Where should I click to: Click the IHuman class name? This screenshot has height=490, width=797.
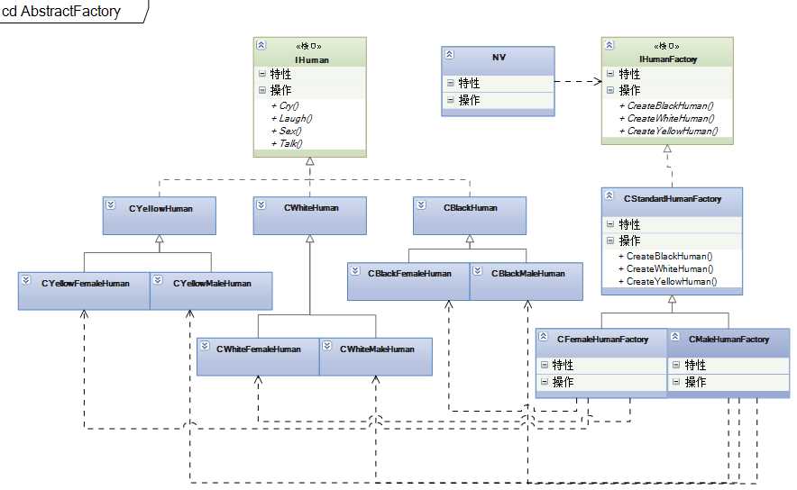pyautogui.click(x=311, y=60)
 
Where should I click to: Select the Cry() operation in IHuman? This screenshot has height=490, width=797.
pyautogui.click(x=289, y=105)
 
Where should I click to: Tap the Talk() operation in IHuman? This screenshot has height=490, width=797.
pyautogui.click(x=290, y=143)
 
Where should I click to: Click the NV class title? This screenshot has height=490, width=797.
pyautogui.click(x=499, y=56)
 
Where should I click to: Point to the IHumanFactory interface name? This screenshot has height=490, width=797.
pyautogui.click(x=668, y=59)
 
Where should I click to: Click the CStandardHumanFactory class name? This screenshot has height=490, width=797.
pyautogui.click(x=672, y=199)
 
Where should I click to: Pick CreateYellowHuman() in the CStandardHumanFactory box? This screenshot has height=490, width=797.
pyautogui.click(x=672, y=281)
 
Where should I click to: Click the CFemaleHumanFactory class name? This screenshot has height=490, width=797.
pyautogui.click(x=602, y=340)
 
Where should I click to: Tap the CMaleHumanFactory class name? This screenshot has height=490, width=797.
pyautogui.click(x=728, y=340)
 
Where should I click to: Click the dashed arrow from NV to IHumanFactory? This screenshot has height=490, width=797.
pyautogui.click(x=577, y=82)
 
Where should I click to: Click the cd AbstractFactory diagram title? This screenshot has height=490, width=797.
pyautogui.click(x=61, y=12)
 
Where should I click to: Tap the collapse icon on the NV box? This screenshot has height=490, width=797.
pyautogui.click(x=449, y=55)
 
